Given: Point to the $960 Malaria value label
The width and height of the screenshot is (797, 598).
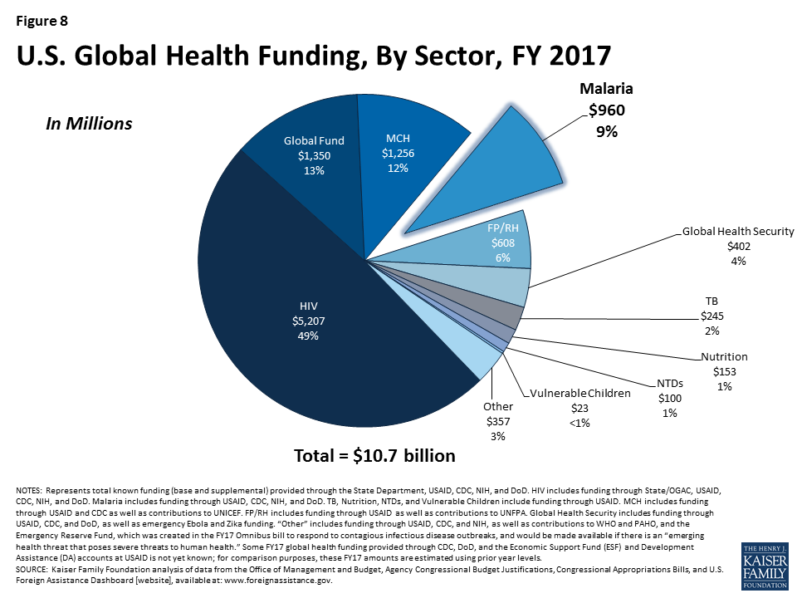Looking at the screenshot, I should tap(606, 110).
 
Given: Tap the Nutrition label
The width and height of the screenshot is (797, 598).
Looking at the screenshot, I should tap(726, 358).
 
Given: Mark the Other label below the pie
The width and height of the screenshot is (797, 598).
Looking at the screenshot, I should tap(498, 407).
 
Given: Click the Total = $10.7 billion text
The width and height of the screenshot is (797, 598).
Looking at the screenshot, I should tap(374, 456).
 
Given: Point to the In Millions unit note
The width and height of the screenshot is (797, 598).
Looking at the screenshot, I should tap(88, 124).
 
